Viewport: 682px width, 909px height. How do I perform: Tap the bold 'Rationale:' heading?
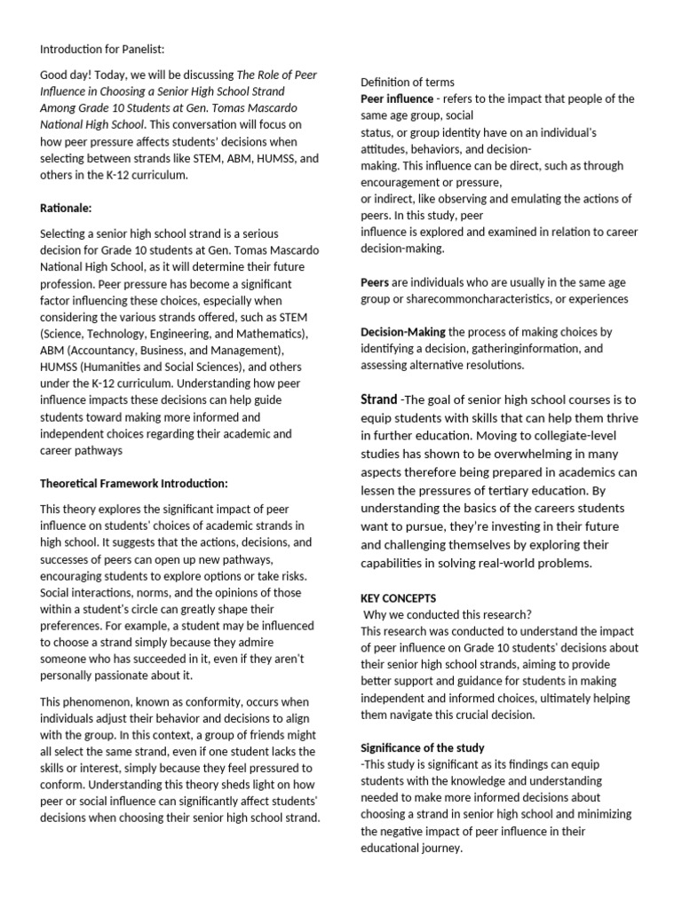(x=66, y=208)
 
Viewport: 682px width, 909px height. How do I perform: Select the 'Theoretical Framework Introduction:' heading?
(x=134, y=484)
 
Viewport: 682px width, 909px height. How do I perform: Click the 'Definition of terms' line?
(x=408, y=83)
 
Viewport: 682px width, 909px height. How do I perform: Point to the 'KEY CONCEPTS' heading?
(x=399, y=598)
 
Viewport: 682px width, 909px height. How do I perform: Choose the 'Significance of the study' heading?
(x=423, y=748)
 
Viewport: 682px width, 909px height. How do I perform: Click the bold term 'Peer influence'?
(x=397, y=99)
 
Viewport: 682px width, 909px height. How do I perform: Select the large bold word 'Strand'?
(x=378, y=399)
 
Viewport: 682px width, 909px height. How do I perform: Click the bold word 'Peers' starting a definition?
(x=375, y=282)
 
